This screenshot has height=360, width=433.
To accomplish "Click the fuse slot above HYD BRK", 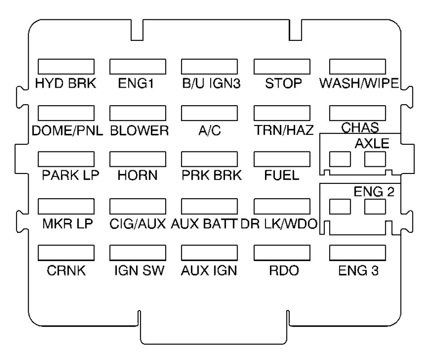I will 66,67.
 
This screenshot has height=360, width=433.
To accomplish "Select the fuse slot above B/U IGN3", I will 210,67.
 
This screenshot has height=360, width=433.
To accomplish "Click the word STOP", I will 283,84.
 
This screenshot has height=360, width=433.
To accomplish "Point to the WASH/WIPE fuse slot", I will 358,67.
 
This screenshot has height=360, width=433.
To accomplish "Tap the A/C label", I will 209,131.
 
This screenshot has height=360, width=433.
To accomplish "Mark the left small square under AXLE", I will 340,159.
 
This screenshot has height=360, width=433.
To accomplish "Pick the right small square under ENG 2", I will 376,207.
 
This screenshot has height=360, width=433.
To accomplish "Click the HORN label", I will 138,176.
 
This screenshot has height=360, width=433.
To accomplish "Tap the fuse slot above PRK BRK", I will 210,160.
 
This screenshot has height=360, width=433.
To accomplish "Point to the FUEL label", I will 283,176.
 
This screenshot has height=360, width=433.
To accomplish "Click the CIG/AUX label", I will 138,223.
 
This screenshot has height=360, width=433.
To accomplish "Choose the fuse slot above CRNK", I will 66,253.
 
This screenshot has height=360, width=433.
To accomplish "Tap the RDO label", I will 283,271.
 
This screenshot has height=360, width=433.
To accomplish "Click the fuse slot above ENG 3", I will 358,253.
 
